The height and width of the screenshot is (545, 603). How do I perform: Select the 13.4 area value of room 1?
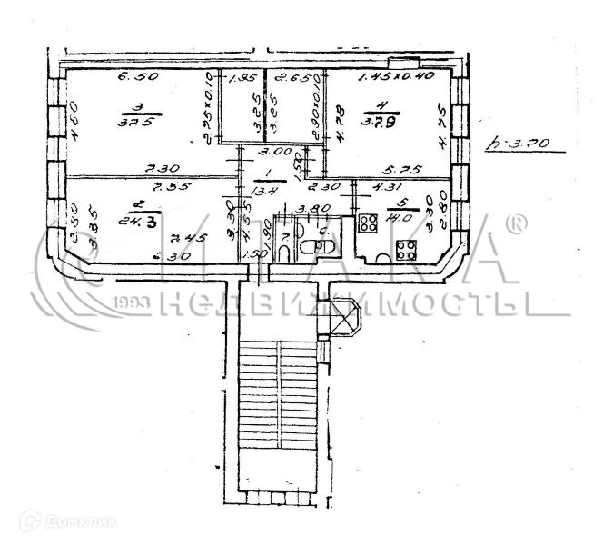265,192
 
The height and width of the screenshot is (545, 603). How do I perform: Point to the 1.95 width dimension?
240,79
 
